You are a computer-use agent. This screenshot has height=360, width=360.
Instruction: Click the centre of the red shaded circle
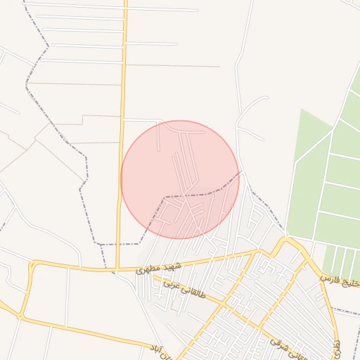tap(180, 179)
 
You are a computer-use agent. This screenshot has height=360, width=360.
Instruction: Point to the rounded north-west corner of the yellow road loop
tap(32, 265)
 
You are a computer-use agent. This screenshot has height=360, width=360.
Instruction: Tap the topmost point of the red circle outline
tap(180, 120)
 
